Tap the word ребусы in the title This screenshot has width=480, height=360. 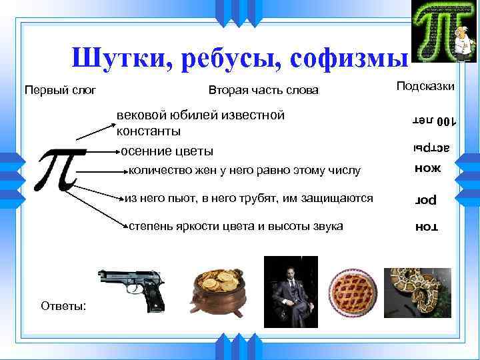click(x=227, y=58)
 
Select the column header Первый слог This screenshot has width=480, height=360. click(x=61, y=89)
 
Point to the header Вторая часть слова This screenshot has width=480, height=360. click(x=263, y=89)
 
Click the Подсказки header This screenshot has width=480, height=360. click(x=426, y=86)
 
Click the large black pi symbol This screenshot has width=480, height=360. click(x=61, y=168)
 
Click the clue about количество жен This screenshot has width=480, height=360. click(x=243, y=171)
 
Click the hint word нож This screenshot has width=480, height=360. click(x=427, y=169)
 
